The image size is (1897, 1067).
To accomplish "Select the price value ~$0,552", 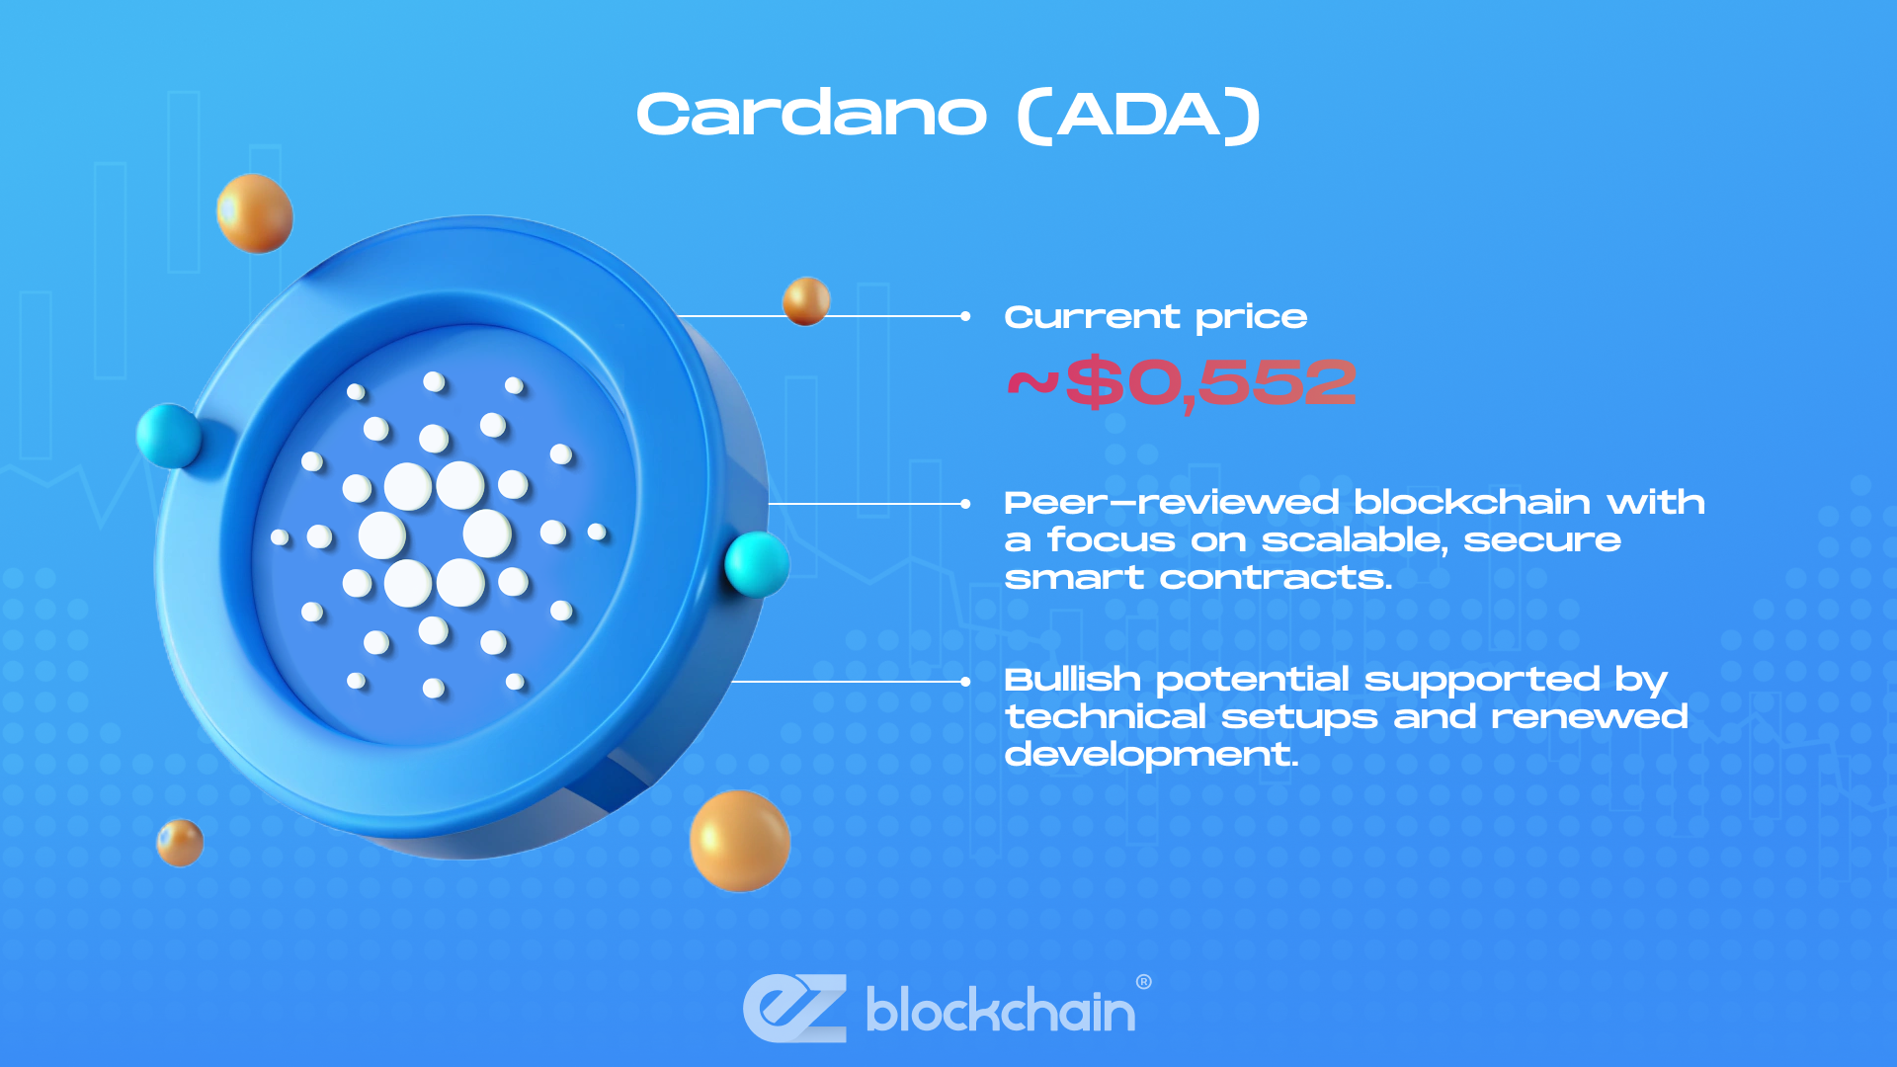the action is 1182,383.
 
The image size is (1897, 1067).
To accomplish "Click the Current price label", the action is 1155,318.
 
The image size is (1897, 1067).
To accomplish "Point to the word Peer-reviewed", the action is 1171,503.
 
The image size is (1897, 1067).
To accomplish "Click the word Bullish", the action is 1072,679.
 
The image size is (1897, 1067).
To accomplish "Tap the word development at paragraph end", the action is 1149,755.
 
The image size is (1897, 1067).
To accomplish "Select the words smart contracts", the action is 1196,578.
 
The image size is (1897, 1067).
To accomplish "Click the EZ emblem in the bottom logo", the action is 795,1009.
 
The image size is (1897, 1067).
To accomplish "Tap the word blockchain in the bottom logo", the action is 1000,1010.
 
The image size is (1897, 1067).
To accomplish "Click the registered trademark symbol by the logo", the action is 1144,982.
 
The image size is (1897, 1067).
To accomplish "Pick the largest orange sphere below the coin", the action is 740,841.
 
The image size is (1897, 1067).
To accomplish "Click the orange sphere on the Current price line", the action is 806,301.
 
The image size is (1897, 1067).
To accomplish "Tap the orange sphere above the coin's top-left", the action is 255,213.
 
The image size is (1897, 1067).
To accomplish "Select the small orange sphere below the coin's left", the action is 180,844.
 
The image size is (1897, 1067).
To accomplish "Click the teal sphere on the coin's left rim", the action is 170,436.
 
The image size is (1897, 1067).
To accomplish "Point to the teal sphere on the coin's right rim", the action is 757,564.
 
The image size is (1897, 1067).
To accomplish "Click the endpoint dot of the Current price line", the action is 965,316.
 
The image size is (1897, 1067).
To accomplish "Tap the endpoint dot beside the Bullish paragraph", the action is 965,682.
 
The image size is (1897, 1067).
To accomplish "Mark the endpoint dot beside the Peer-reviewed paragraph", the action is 965,504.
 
